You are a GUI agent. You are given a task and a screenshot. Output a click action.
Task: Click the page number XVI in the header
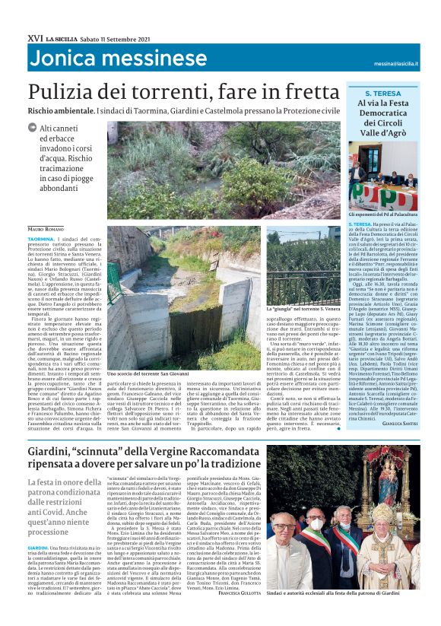(x=34, y=37)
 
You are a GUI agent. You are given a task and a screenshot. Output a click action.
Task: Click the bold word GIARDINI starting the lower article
(x=40, y=547)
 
